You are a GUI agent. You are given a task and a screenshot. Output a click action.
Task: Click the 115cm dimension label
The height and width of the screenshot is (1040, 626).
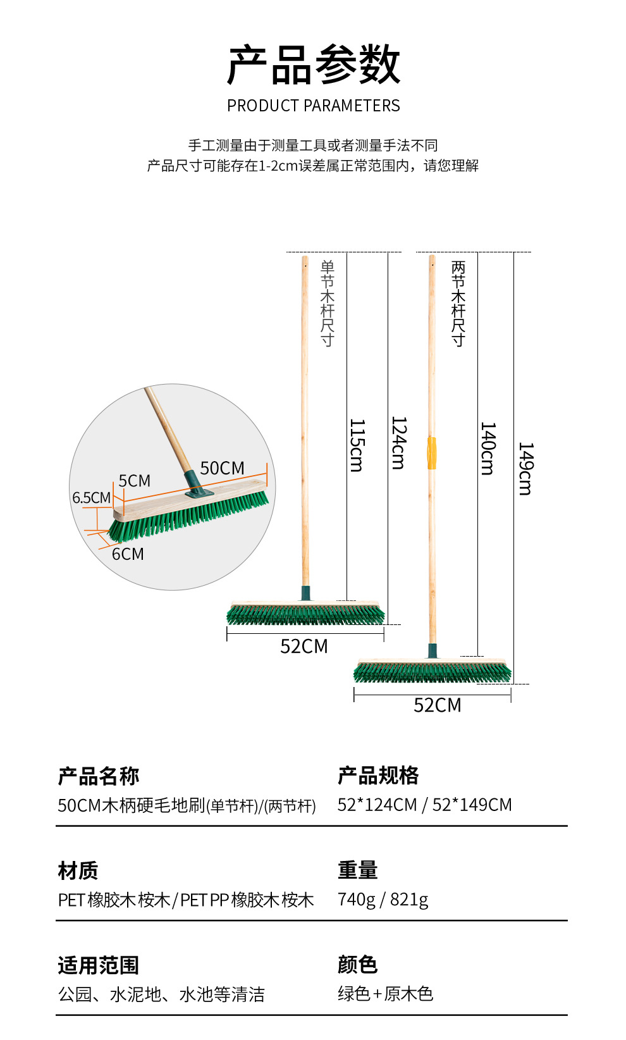[x=357, y=445]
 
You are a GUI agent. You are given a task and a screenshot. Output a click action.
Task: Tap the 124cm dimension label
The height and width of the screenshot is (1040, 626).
[x=398, y=443]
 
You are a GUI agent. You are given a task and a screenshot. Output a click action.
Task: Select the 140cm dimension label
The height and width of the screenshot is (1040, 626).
[x=488, y=449]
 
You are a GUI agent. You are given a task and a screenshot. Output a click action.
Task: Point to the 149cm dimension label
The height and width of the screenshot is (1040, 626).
[x=525, y=469]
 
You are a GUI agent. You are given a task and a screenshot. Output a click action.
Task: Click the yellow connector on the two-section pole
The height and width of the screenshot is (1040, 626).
[x=432, y=453]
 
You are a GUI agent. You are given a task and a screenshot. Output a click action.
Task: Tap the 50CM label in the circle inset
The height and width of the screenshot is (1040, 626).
[x=222, y=468]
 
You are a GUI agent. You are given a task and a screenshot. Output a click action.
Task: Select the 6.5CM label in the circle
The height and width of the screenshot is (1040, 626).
[x=91, y=498]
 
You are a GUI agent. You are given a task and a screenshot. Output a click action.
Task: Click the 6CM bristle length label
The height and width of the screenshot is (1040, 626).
[x=128, y=554]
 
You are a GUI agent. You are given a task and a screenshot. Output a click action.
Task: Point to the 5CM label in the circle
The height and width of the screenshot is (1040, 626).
[x=134, y=481]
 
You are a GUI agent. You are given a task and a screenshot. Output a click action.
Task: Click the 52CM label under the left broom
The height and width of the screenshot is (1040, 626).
[x=304, y=647]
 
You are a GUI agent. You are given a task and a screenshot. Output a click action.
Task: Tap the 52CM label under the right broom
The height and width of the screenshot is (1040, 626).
[x=438, y=705]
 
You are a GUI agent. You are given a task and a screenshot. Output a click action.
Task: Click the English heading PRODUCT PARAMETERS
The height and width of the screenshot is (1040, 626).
[x=314, y=106]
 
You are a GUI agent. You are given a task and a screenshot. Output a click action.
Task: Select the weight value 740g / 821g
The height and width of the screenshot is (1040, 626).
[x=383, y=899]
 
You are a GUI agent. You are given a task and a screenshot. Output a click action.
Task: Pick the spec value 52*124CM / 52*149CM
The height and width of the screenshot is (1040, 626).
[x=424, y=805]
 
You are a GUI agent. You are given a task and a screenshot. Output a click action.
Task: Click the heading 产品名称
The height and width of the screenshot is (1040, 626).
[x=98, y=776]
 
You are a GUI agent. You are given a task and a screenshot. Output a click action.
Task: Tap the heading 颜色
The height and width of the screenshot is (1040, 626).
[x=357, y=965]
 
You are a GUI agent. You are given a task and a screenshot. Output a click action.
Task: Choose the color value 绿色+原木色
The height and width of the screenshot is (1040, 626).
[x=385, y=994]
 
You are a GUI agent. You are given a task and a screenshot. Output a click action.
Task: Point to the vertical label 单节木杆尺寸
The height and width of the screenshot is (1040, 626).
[x=327, y=303]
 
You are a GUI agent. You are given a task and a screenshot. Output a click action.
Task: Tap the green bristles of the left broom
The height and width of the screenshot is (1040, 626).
[x=305, y=615]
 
